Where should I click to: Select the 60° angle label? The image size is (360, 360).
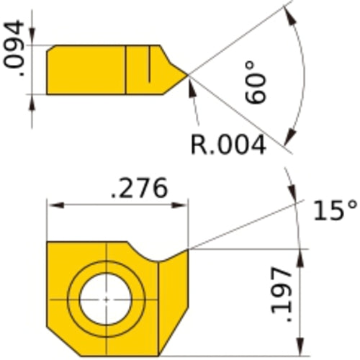(x=261, y=83)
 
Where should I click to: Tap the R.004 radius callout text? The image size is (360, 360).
(x=228, y=144)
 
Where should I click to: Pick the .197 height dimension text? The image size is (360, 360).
(x=283, y=295)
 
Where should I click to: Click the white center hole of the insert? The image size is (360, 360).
(x=106, y=298)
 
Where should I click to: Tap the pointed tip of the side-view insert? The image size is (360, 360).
(x=188, y=73)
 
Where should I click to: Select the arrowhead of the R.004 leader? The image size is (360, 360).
(x=192, y=84)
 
